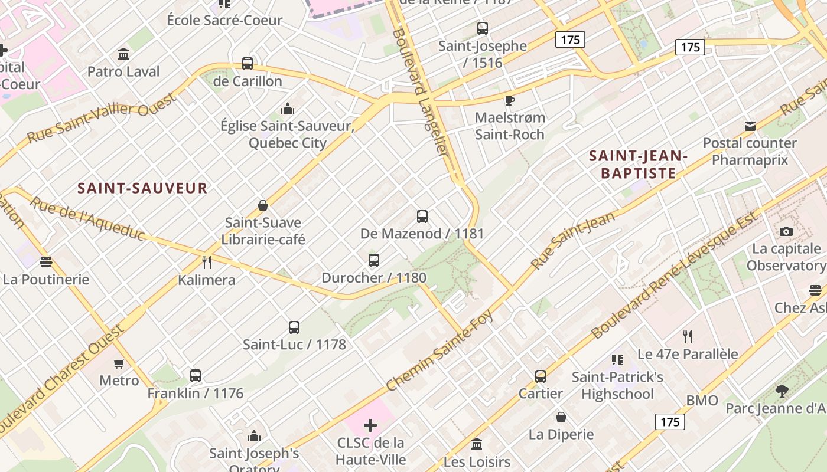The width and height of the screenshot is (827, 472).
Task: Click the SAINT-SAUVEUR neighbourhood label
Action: click(x=142, y=188)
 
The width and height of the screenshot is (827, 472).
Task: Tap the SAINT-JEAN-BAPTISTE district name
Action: click(x=639, y=165)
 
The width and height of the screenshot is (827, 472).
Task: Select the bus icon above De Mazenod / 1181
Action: click(x=422, y=217)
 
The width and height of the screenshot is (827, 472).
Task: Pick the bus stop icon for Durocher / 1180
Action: click(x=373, y=260)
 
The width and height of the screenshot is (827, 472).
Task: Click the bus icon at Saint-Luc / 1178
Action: click(x=294, y=327)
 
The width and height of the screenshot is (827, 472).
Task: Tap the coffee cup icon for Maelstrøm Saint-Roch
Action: click(x=509, y=100)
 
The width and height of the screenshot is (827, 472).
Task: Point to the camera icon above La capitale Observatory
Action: click(x=786, y=231)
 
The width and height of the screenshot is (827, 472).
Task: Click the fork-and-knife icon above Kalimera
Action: click(x=207, y=262)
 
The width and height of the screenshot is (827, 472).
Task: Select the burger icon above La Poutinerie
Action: click(x=45, y=262)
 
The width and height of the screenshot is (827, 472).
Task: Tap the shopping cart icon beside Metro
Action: click(x=119, y=363)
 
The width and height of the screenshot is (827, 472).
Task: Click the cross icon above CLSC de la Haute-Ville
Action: click(x=370, y=425)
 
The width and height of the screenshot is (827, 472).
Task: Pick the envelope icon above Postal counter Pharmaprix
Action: click(x=750, y=126)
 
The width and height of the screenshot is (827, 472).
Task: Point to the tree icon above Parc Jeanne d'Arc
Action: click(x=782, y=391)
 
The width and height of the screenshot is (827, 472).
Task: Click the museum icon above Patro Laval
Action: click(x=123, y=54)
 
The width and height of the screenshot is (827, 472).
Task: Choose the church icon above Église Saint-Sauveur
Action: click(x=288, y=109)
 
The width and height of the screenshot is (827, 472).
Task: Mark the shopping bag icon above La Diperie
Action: click(x=561, y=418)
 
